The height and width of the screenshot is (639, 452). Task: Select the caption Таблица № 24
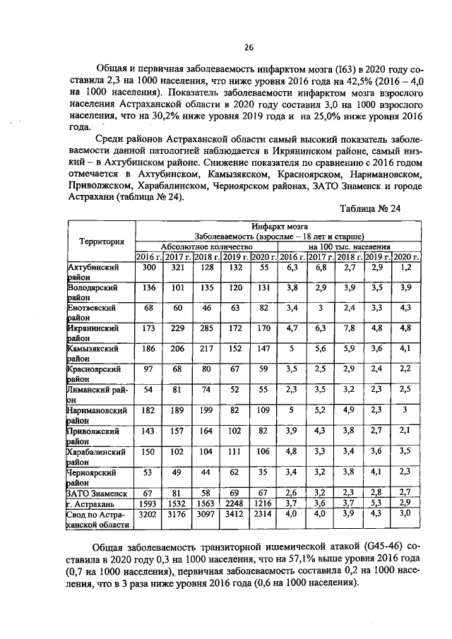click(x=370, y=209)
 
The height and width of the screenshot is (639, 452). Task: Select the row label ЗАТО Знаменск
click(x=97, y=492)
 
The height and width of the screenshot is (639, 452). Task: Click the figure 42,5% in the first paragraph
click(x=334, y=83)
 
